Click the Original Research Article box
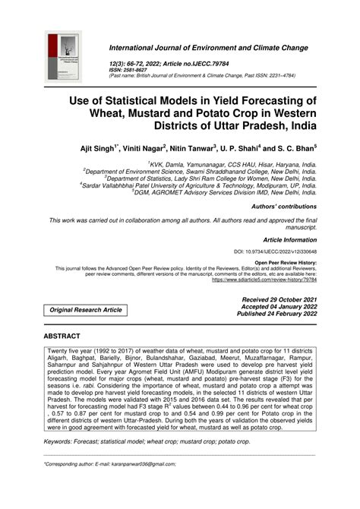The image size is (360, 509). (x=86, y=310)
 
